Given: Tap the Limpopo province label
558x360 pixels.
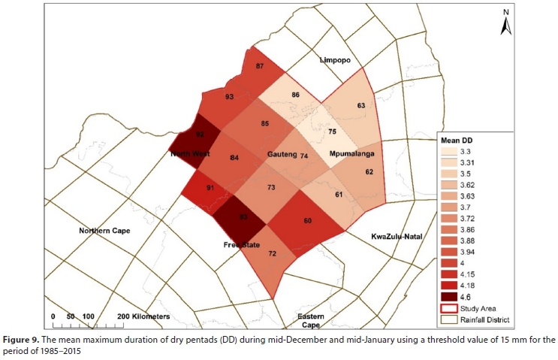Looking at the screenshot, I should tap(335, 59).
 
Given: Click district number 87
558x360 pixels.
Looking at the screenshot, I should tap(260, 67).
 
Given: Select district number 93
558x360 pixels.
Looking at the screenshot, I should tap(229, 98).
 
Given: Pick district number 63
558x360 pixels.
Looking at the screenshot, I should tap(361, 106).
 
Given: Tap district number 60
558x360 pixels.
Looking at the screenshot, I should tap(306, 221).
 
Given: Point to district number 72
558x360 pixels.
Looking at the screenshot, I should tap(273, 255).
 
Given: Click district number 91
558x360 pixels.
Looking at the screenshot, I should tap(210, 188).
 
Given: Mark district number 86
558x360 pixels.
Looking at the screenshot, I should tap(296, 95).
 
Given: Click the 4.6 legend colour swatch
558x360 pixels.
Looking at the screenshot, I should tap(450, 298).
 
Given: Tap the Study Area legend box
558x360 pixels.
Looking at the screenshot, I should tap(450, 309).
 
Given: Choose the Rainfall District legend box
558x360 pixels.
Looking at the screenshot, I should tap(450, 320).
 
